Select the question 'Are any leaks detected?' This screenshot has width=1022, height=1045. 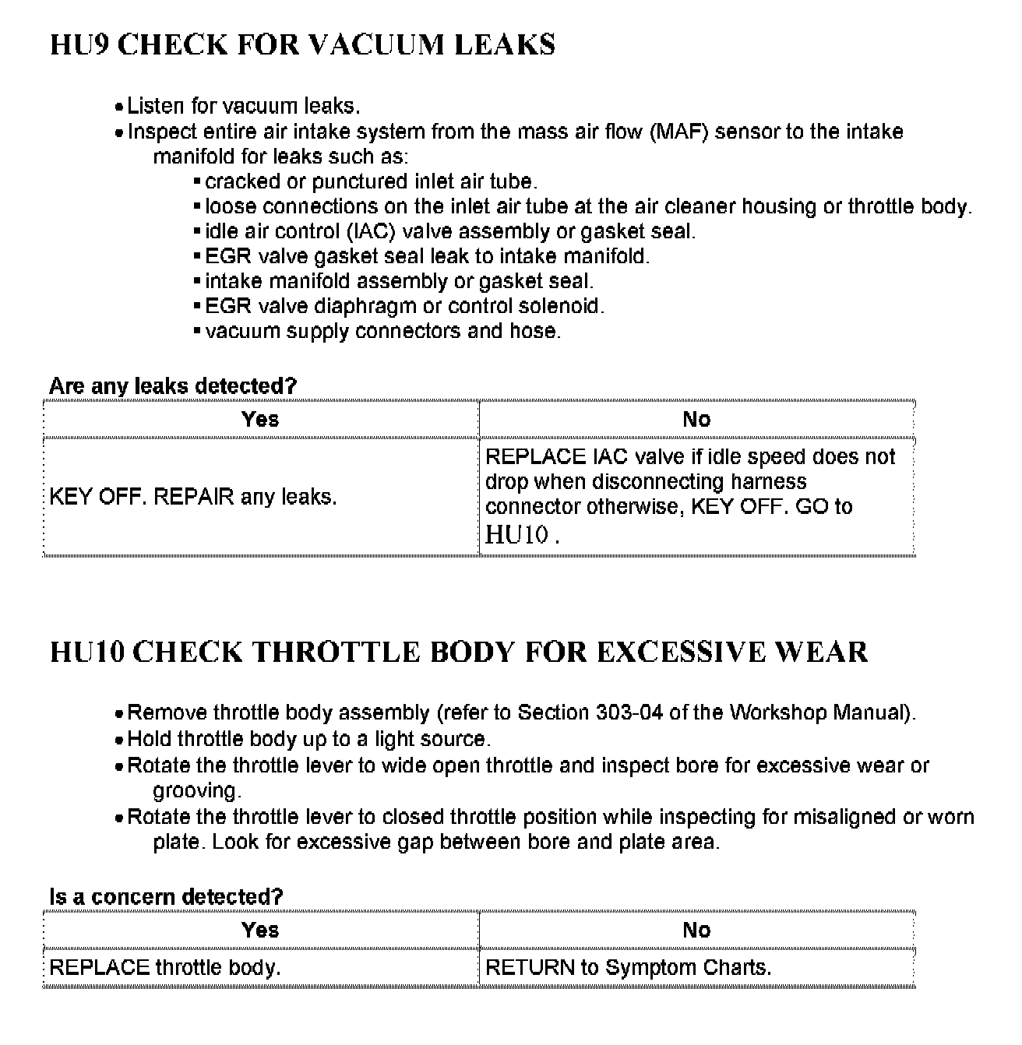click(x=173, y=385)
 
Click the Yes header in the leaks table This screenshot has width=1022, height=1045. click(x=260, y=420)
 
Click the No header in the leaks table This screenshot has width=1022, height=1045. click(x=696, y=420)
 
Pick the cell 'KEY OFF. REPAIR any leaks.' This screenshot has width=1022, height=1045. click(x=193, y=497)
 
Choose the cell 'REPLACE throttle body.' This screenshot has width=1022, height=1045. click(x=165, y=968)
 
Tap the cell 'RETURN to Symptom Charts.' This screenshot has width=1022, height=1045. click(x=628, y=968)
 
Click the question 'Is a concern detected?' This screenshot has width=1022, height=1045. click(x=166, y=896)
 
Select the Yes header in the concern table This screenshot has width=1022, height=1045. click(x=260, y=931)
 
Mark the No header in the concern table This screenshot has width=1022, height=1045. click(x=696, y=931)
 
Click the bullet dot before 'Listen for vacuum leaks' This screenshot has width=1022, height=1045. click(x=118, y=107)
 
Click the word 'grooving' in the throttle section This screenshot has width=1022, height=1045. click(x=195, y=791)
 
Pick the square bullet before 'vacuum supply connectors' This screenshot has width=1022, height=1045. click(x=197, y=331)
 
